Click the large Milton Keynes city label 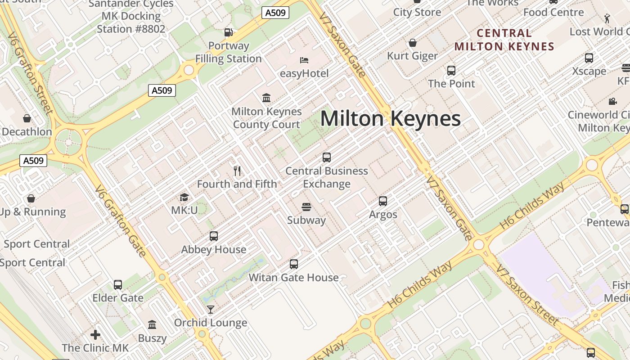[390, 119]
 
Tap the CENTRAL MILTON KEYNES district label [504, 40]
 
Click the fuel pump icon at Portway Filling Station [229, 32]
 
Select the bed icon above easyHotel [304, 60]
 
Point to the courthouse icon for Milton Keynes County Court [266, 98]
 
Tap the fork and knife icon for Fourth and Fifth [238, 171]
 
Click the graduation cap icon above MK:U [184, 197]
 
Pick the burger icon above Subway [306, 207]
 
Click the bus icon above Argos [383, 201]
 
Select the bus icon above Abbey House [214, 236]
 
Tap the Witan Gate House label [293, 278]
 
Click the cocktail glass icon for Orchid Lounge [210, 310]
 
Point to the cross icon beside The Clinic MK [95, 335]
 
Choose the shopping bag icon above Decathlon [27, 118]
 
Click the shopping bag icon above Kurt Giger [412, 43]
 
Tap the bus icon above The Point [451, 71]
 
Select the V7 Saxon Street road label [526, 295]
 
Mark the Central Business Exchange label [327, 177]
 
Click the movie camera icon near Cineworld [612, 102]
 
